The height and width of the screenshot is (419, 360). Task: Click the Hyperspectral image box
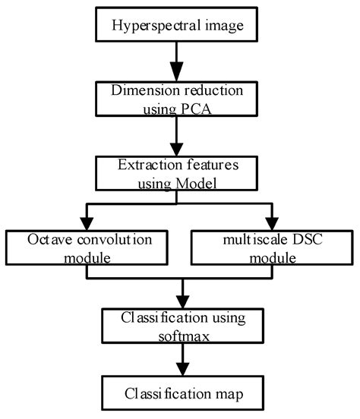click(x=178, y=26)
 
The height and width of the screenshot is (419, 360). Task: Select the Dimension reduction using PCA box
click(x=178, y=98)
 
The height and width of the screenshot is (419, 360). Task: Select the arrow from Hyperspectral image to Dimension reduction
click(x=178, y=60)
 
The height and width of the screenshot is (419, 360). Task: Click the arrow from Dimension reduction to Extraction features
click(x=178, y=134)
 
